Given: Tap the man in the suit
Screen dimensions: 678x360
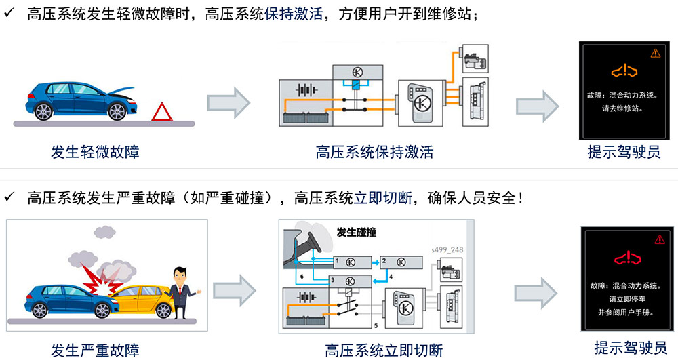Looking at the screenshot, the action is (x=182, y=293).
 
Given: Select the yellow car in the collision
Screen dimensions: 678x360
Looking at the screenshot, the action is (x=142, y=300).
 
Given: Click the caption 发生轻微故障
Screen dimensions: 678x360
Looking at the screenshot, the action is (x=95, y=152).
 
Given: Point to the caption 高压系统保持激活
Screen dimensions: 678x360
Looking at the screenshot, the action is (x=374, y=152).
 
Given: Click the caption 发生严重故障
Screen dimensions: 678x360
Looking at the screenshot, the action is (x=95, y=350).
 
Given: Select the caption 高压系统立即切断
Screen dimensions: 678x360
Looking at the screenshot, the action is (x=384, y=350).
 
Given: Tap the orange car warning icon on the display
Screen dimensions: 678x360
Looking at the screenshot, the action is (x=624, y=70).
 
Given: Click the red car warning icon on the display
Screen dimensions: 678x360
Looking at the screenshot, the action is (x=628, y=258).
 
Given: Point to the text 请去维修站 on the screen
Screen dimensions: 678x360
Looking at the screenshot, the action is (x=622, y=108).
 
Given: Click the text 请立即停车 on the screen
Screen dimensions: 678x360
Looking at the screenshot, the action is (x=627, y=298).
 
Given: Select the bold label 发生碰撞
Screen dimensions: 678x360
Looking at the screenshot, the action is (x=357, y=233).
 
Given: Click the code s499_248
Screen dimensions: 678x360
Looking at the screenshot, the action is (x=447, y=249).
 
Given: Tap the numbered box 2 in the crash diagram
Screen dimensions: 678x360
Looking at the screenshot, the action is (x=401, y=262).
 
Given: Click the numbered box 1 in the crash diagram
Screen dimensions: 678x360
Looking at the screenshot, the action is (x=353, y=262).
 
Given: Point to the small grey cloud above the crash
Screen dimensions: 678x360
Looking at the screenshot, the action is (x=104, y=232).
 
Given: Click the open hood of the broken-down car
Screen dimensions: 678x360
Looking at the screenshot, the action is (x=123, y=90).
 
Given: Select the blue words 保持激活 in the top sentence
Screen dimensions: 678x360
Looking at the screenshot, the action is (x=294, y=14).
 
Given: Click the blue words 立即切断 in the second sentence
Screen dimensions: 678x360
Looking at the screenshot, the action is (x=382, y=198).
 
